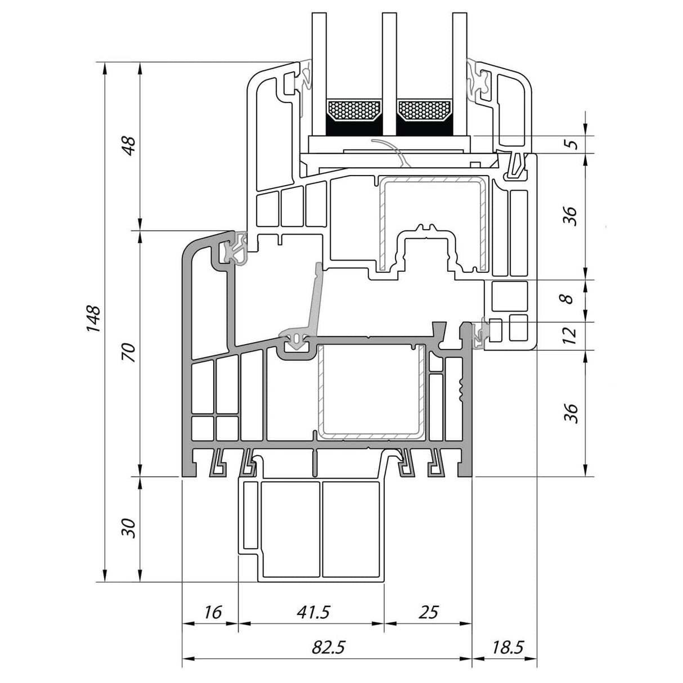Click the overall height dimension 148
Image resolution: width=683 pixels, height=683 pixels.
point(93,318)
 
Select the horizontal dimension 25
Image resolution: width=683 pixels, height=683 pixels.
point(428,612)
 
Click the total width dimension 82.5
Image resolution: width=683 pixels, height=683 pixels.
point(327,648)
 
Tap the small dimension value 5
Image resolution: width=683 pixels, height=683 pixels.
point(571,143)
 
